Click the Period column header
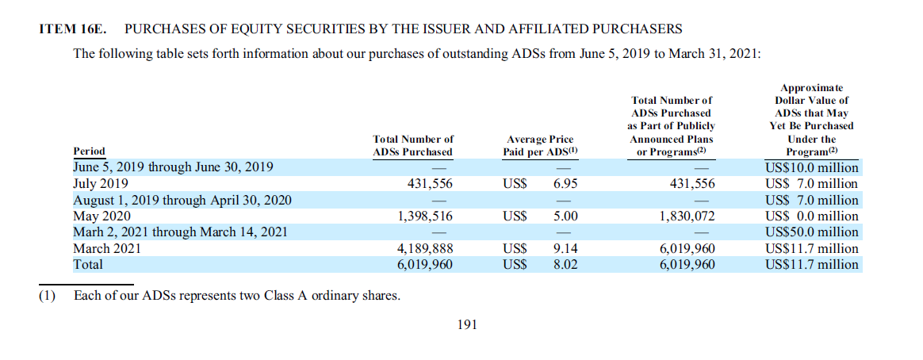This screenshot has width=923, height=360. click(89, 151)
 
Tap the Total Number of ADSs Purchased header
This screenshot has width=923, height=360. click(413, 145)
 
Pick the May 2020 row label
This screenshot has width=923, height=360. click(102, 216)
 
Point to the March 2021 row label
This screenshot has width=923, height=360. click(107, 248)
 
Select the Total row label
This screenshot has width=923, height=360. click(88, 264)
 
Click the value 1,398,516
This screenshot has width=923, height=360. click(426, 216)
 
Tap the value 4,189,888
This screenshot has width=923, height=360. click(426, 248)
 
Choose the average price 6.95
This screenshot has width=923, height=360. click(565, 184)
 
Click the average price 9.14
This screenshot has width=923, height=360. click(565, 248)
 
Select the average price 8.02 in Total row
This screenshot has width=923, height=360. click(565, 264)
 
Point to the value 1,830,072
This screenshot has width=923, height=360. click(687, 216)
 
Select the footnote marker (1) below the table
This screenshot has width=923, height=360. click(48, 297)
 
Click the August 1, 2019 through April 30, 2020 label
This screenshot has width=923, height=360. click(182, 200)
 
